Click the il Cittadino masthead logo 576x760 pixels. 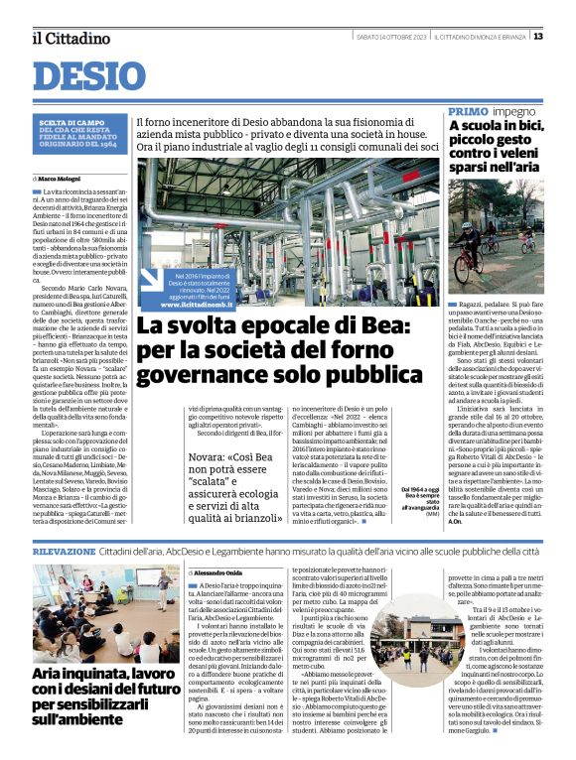tap(71, 39)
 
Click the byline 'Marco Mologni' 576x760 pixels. tap(64, 179)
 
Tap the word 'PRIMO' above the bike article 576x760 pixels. tap(468, 111)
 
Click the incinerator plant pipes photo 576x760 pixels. tap(288, 228)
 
